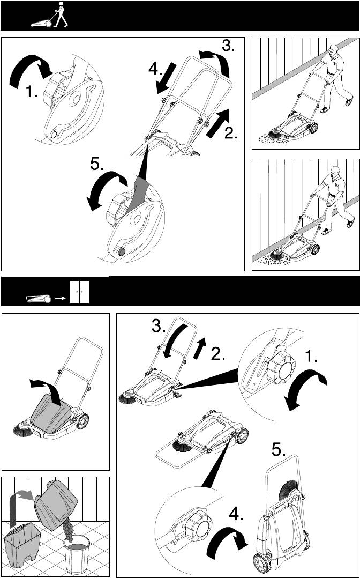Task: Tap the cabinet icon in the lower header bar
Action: [80, 292]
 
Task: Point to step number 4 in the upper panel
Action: [155, 70]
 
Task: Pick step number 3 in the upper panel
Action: [228, 46]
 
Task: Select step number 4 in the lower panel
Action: [236, 514]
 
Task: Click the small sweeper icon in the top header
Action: [40, 21]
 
